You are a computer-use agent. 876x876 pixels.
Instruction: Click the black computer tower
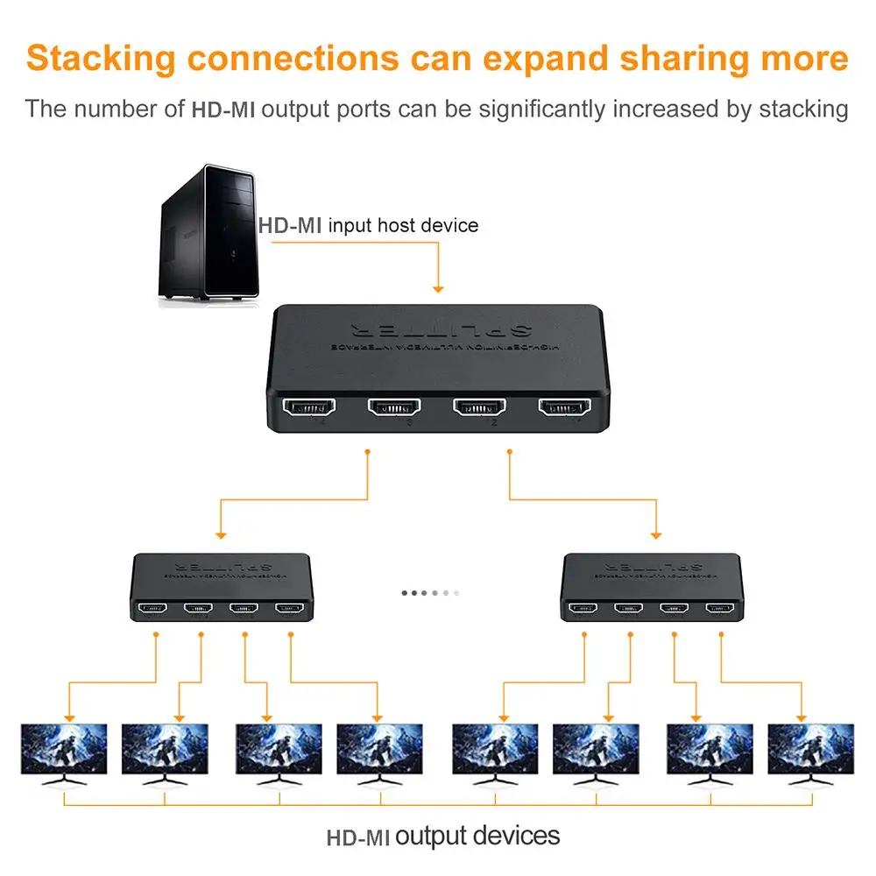click(208, 234)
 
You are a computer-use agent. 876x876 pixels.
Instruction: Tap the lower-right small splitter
click(653, 587)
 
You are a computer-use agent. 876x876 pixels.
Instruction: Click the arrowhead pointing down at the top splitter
click(438, 288)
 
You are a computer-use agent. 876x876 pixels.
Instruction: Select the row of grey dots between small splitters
click(429, 592)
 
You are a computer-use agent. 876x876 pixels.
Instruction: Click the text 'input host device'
click(403, 225)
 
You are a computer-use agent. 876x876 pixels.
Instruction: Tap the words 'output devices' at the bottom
click(477, 835)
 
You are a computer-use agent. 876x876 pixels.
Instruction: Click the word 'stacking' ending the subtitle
click(803, 109)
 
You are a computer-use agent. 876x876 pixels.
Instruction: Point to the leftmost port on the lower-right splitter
click(583, 607)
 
